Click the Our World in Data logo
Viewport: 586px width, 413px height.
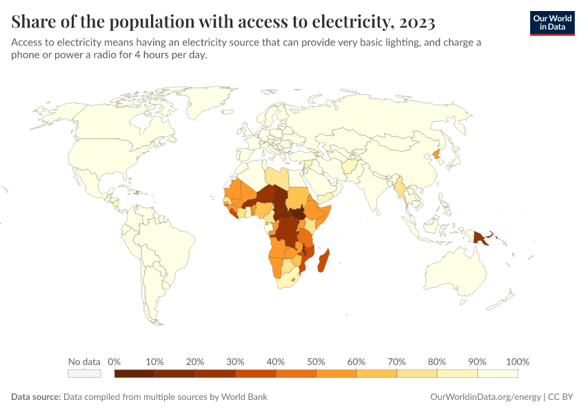point(552,23)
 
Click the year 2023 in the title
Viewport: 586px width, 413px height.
point(416,23)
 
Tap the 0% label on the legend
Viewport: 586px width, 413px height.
point(114,361)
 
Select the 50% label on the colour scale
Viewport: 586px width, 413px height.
point(316,361)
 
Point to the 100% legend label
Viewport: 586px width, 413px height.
point(517,361)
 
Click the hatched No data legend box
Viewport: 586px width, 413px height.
point(84,374)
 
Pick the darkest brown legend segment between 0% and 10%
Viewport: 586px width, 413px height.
point(134,374)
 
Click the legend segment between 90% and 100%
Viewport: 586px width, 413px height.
point(497,374)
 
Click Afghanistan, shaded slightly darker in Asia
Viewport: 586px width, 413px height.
point(350,167)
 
